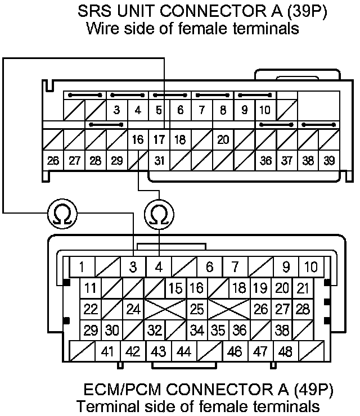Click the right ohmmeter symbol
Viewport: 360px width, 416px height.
[x=159, y=214]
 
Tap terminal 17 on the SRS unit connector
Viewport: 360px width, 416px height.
[x=159, y=139]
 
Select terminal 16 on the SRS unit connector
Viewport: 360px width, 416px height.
[x=138, y=139]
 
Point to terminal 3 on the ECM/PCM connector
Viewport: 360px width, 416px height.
[x=133, y=267]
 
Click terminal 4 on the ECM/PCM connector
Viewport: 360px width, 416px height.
[x=159, y=267]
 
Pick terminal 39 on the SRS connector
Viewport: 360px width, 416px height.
[x=329, y=161]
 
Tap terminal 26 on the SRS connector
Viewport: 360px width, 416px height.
[x=53, y=161]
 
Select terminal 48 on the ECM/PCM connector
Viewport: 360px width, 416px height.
[x=286, y=352]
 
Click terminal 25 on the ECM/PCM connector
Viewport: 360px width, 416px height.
[x=197, y=309]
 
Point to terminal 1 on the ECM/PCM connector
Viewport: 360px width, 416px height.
[x=82, y=267]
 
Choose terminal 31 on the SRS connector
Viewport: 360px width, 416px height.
[x=160, y=161]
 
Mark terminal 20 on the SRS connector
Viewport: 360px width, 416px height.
[x=223, y=139]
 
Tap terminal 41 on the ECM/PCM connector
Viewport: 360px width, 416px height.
[x=108, y=352]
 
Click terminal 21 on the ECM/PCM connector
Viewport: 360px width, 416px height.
[x=303, y=288]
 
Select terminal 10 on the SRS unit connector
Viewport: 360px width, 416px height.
[x=265, y=110]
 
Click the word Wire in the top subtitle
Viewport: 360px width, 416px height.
[x=101, y=29]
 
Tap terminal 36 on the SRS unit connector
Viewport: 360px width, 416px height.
[x=266, y=161]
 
